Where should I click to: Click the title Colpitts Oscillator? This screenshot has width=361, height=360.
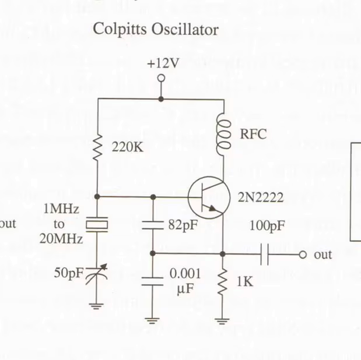coord(156,29)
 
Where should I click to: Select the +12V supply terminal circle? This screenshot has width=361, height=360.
coord(162,77)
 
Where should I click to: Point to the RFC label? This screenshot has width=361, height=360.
coord(253,134)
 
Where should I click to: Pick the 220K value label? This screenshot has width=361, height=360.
coord(127,149)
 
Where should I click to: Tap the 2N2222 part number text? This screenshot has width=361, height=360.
coord(260,198)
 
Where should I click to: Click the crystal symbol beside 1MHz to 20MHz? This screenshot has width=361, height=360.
coord(97,224)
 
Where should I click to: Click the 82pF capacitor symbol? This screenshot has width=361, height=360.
coord(153,225)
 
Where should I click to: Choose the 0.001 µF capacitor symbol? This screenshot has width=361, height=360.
coord(153,280)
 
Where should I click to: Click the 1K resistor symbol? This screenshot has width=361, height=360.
coord(223,283)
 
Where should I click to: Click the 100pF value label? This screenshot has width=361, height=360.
coord(267,226)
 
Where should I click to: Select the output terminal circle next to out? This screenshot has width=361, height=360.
coord(302,255)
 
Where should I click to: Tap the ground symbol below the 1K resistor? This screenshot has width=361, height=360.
coord(223,319)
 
